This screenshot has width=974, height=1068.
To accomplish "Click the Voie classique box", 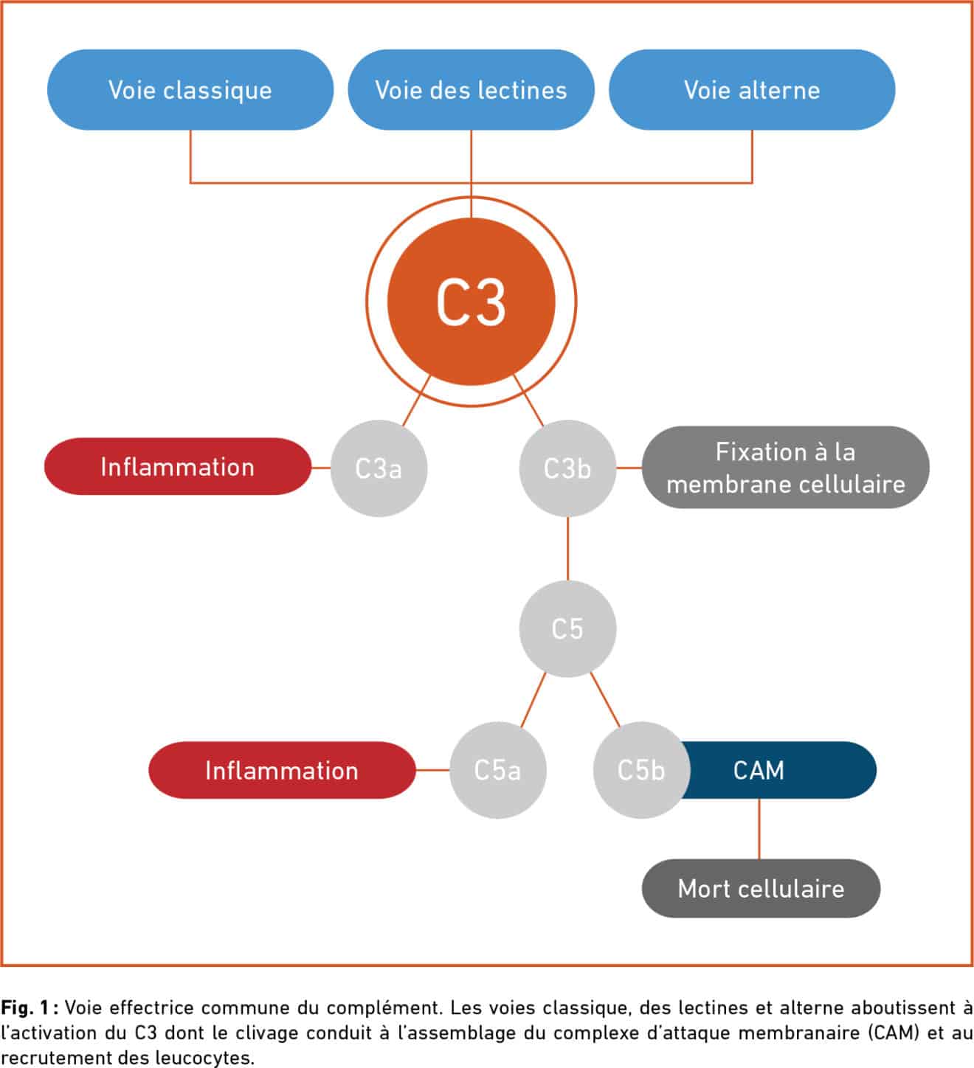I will [190, 90].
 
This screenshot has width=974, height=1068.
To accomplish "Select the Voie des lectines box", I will [471, 90].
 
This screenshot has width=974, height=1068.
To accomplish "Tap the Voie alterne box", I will [752, 90].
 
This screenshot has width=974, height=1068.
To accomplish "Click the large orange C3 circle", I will [471, 302].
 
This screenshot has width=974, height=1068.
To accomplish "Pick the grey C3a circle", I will [379, 468].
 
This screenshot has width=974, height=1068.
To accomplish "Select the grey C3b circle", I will [567, 468].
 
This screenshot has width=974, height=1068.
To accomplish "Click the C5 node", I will [567, 628].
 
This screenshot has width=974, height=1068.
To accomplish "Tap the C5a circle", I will [497, 770].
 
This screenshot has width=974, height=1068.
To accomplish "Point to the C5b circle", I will [640, 770].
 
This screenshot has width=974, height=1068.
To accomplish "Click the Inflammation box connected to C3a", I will [177, 467].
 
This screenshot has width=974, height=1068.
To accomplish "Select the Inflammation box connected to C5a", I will [282, 770].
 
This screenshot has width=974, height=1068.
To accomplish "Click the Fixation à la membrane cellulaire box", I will [785, 468].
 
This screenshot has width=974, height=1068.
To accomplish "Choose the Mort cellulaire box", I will [761, 888].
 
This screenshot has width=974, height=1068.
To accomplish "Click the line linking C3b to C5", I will [567, 549].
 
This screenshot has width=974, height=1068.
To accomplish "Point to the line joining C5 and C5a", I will [533, 699].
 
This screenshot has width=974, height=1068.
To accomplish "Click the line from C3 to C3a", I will [416, 400].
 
